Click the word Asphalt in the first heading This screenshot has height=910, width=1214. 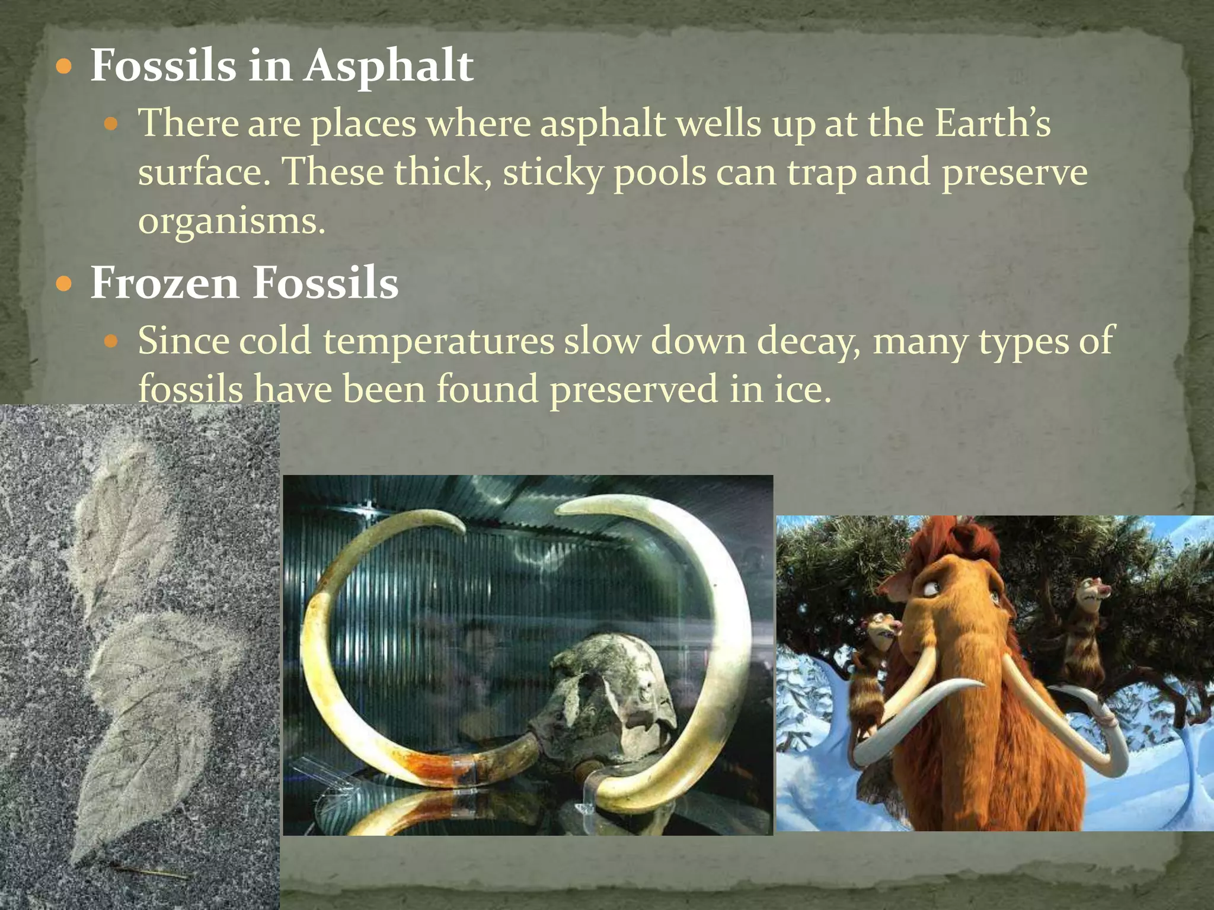click(x=389, y=66)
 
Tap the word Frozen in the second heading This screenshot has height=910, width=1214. click(x=164, y=283)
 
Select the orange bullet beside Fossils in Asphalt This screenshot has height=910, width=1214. click(x=63, y=67)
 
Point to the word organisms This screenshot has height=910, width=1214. click(x=232, y=222)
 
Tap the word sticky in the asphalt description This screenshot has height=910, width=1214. click(x=552, y=173)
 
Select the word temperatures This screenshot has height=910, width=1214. click(x=438, y=342)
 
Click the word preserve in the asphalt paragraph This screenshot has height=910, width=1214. click(x=1014, y=173)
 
